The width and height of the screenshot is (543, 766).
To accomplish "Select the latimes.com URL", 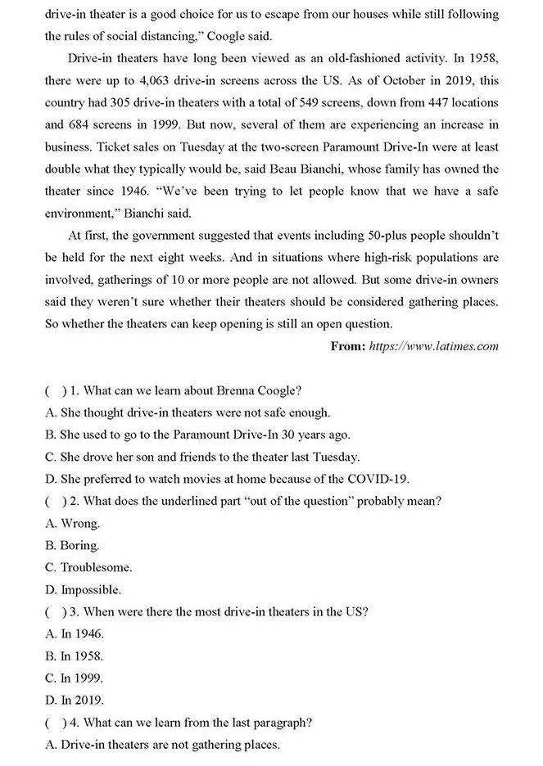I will pos(433,346).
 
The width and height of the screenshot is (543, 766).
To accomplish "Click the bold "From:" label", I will pos(348,346).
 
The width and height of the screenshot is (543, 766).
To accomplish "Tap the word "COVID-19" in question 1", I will pos(378,479).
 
